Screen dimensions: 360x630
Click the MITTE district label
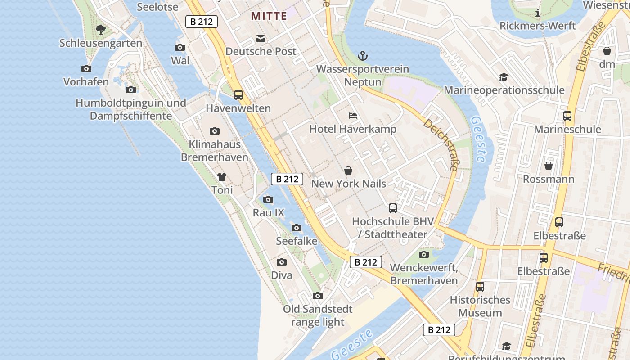269,16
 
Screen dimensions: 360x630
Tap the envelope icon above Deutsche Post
261,38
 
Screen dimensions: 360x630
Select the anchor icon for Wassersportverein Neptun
363,56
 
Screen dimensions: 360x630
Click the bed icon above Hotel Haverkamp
353,116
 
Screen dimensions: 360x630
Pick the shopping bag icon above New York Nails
348,171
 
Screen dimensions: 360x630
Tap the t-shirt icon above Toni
222,177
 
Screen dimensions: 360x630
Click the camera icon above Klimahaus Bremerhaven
215,131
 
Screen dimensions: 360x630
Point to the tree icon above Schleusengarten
101,30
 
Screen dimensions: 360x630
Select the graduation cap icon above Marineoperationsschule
504,77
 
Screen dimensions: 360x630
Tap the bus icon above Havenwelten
238,95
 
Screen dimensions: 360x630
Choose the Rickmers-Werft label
538,26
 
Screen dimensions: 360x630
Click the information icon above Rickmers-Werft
538,13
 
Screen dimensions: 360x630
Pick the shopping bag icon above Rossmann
549,166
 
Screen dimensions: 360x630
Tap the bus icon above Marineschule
567,116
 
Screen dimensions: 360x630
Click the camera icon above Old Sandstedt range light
318,296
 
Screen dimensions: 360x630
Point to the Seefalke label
297,241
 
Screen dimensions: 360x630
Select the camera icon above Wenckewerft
424,255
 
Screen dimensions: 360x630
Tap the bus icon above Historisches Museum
480,287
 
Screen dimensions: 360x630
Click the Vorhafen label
86,82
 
